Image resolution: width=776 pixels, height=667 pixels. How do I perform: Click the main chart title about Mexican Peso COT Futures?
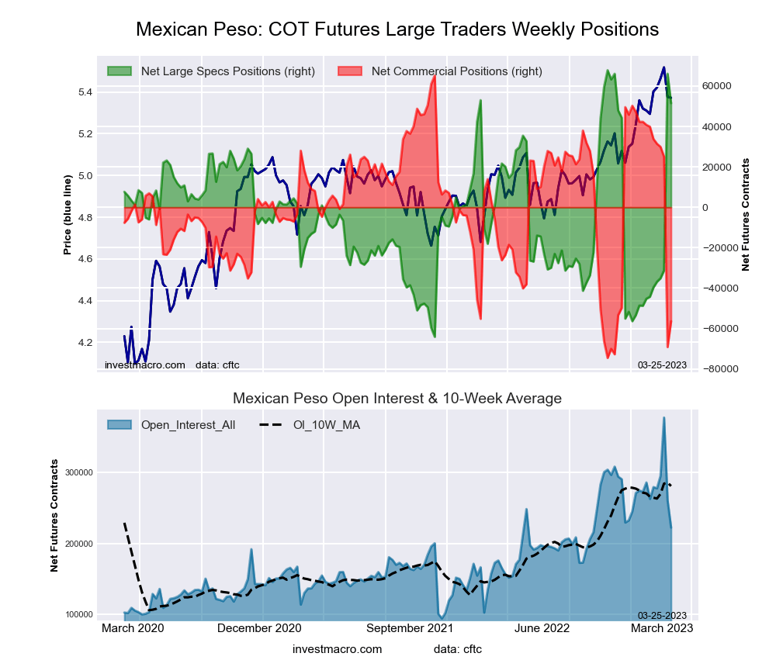click(x=397, y=29)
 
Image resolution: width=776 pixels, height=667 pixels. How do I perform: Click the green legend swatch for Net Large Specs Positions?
click(x=120, y=71)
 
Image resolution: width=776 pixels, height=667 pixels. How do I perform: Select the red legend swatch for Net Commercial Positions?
click(x=351, y=71)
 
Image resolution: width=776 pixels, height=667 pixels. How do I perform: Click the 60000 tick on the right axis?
click(x=719, y=86)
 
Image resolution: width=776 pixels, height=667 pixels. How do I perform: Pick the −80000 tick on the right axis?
click(x=721, y=369)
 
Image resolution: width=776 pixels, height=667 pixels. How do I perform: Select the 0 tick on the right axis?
click(x=706, y=208)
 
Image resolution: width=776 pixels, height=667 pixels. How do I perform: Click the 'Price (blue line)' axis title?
click(x=68, y=215)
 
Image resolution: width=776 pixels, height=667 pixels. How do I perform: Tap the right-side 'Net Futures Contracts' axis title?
click(x=746, y=215)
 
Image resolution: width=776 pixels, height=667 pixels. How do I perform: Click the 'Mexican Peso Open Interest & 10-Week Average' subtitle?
click(x=397, y=399)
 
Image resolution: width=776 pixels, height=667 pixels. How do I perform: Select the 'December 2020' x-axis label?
click(x=259, y=628)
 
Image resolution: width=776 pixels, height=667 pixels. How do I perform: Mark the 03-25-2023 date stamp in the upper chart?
click(x=662, y=365)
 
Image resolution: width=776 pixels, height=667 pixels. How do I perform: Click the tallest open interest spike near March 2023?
click(x=663, y=419)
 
